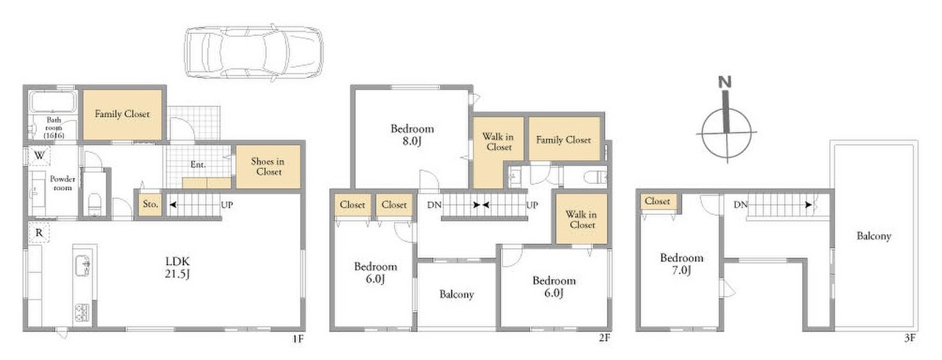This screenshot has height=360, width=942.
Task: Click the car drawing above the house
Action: click(x=253, y=52)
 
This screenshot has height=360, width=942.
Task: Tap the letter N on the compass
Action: click(x=725, y=82)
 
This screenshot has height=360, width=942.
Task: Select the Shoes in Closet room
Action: click(x=268, y=166)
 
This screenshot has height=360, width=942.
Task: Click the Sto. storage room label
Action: click(x=150, y=205)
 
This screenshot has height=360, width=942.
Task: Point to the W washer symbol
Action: click(x=40, y=156)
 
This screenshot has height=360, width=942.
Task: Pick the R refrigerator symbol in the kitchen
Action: click(x=39, y=233)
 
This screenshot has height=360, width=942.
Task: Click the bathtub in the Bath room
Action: click(x=52, y=102)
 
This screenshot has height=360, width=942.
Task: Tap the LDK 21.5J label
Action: click(x=177, y=267)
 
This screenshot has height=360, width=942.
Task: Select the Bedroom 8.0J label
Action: click(x=412, y=135)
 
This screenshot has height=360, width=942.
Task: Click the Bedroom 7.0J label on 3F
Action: click(x=682, y=264)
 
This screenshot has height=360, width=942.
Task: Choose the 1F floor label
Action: click(x=298, y=339)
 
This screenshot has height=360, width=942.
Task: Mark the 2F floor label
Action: click(x=605, y=338)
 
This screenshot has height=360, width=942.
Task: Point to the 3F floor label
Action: click(x=910, y=338)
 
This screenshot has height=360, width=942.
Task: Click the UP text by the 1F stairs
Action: click(x=227, y=205)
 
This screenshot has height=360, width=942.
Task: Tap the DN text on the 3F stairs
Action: click(x=740, y=205)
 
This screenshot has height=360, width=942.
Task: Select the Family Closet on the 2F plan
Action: click(x=564, y=139)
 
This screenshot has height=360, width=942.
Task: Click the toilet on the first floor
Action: click(x=94, y=204)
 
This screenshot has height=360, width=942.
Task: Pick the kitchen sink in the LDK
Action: click(x=82, y=265)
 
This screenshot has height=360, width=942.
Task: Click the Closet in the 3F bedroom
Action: click(x=657, y=202)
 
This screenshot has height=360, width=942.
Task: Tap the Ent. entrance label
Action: click(x=197, y=164)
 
